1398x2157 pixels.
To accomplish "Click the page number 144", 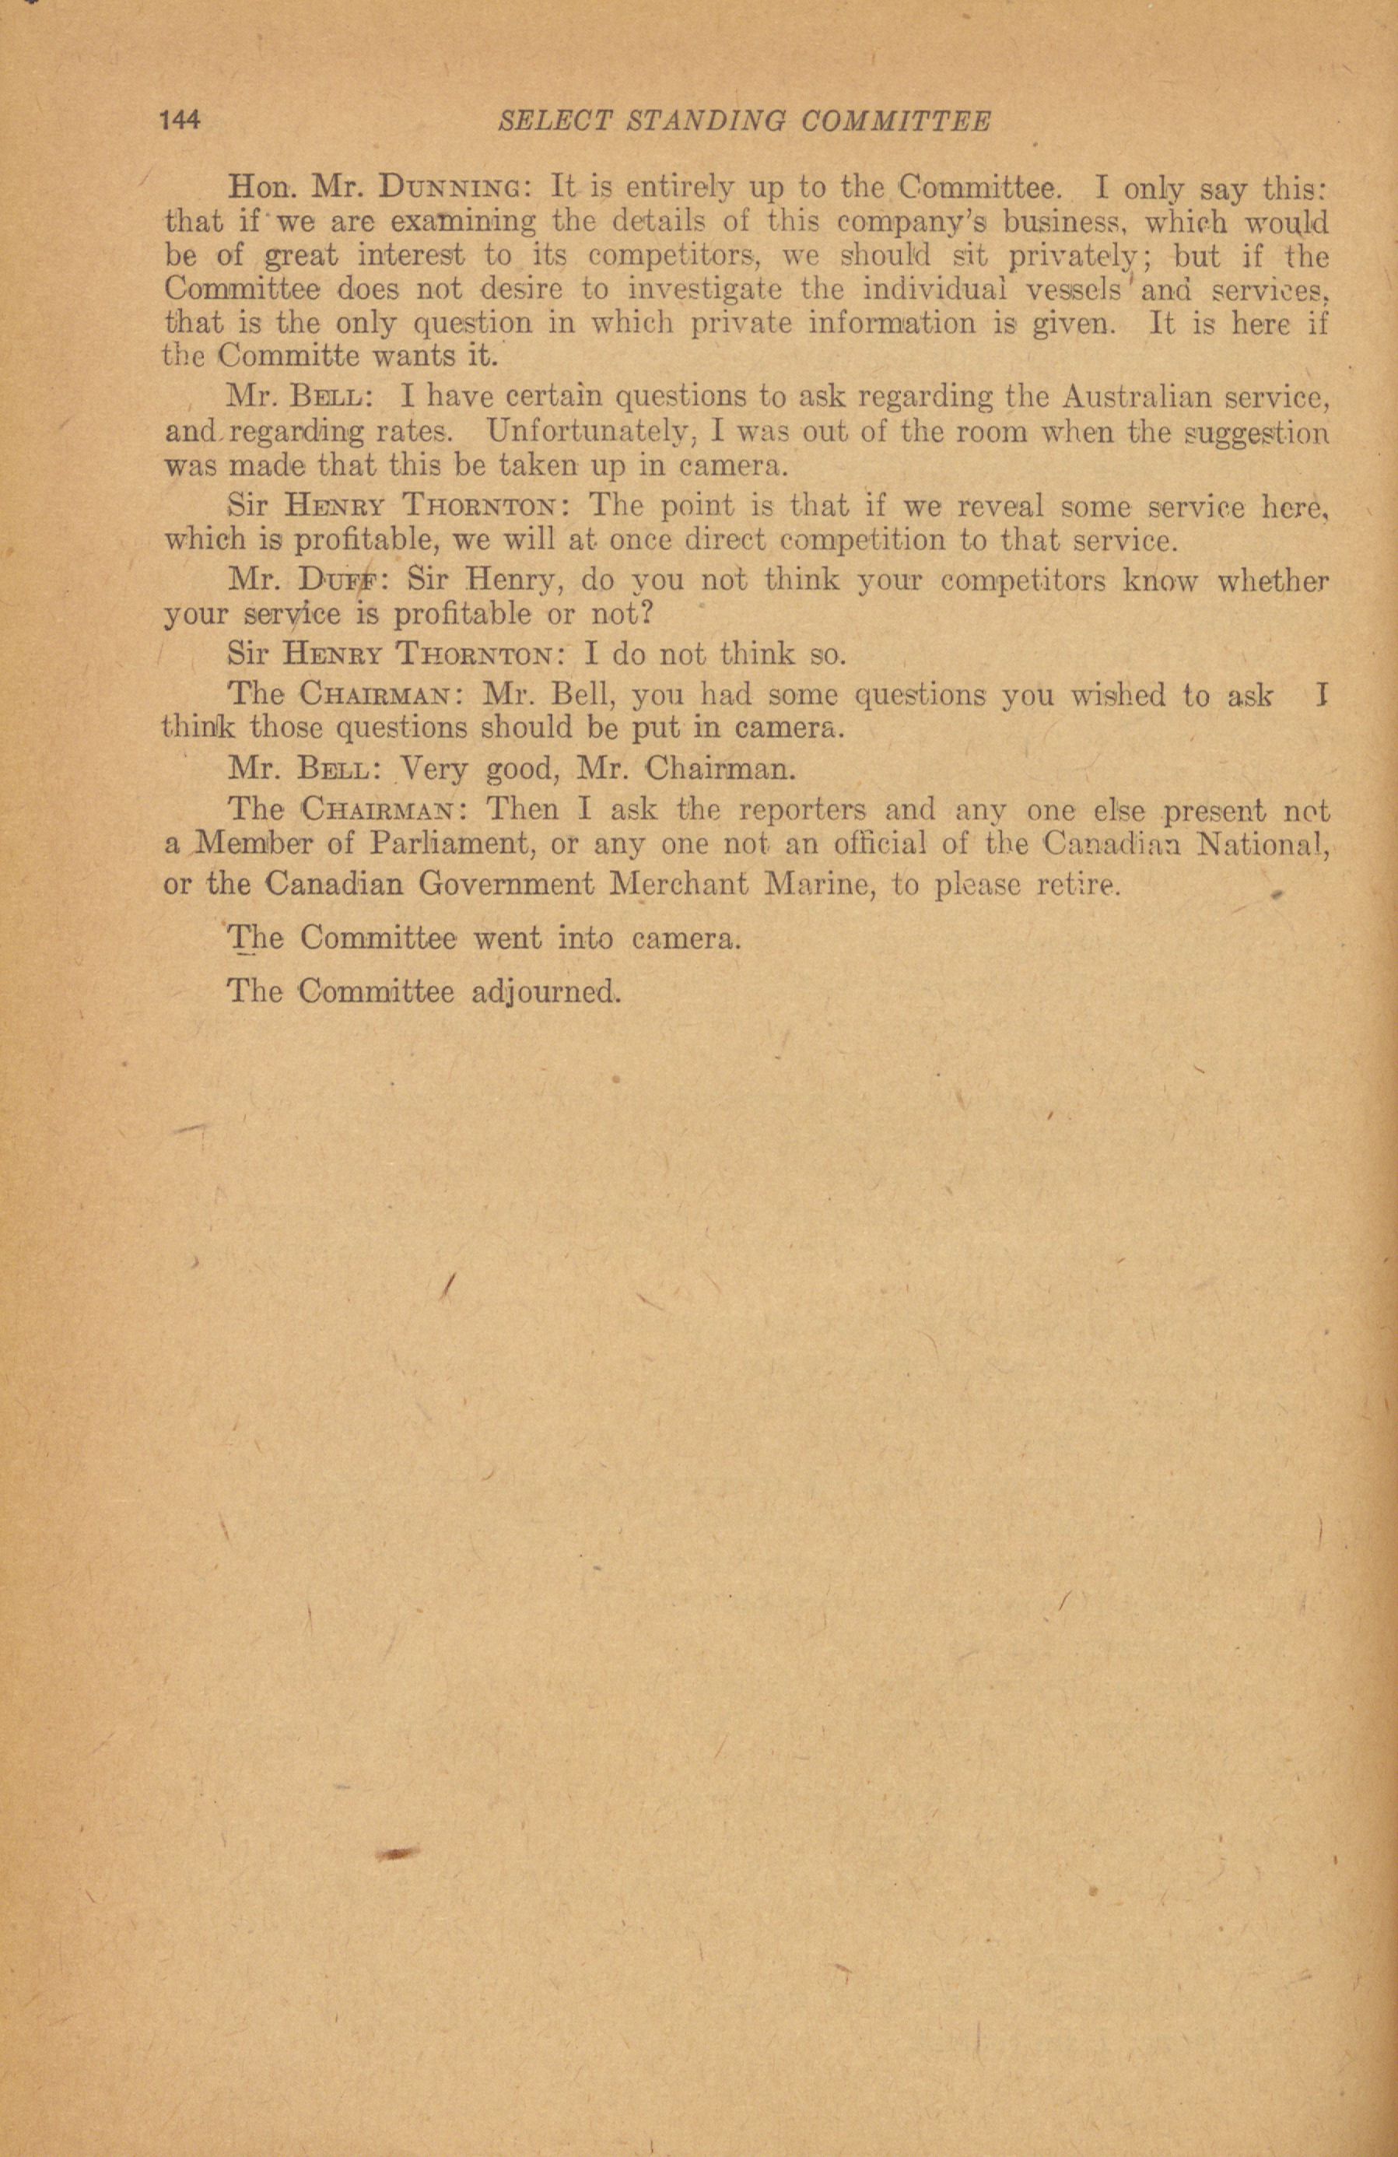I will pyautogui.click(x=180, y=121).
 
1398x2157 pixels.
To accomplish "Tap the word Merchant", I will pyautogui.click(x=679, y=884).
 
